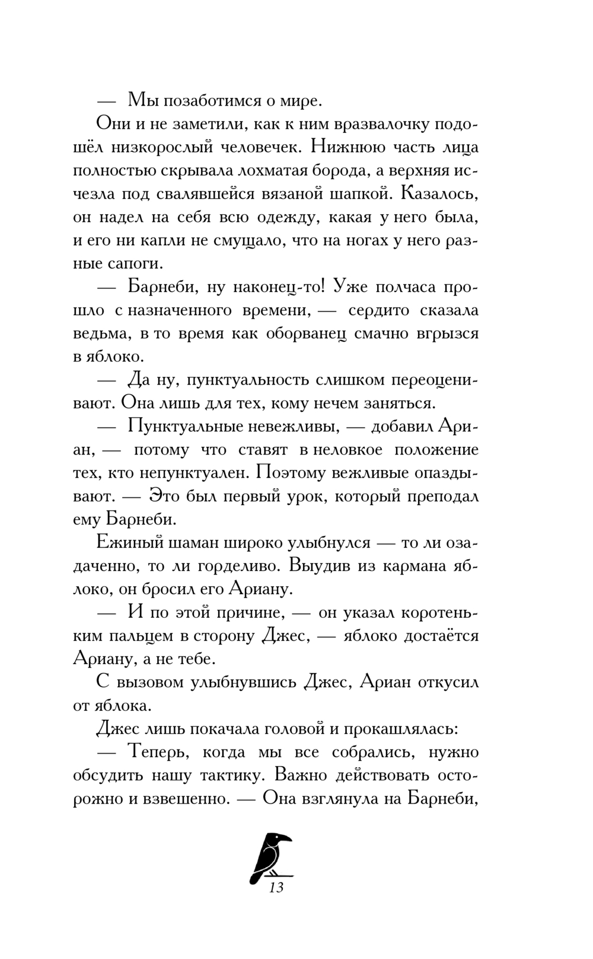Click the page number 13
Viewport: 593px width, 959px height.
pos(276,904)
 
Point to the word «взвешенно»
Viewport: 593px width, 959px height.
pos(187,798)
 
